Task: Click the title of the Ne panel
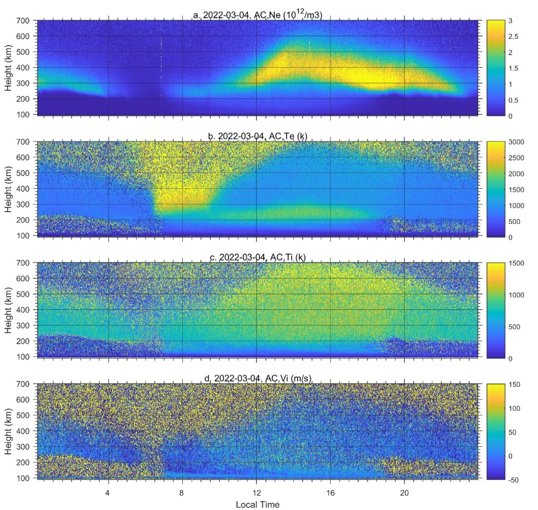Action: coord(257,14)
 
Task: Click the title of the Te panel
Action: coord(257,136)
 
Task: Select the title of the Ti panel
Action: coord(257,257)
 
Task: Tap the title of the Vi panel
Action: coord(257,379)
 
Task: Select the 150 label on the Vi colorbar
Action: coord(515,384)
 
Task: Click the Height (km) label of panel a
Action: coord(9,67)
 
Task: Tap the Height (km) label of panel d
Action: coord(9,431)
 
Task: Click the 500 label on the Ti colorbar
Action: coord(515,327)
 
